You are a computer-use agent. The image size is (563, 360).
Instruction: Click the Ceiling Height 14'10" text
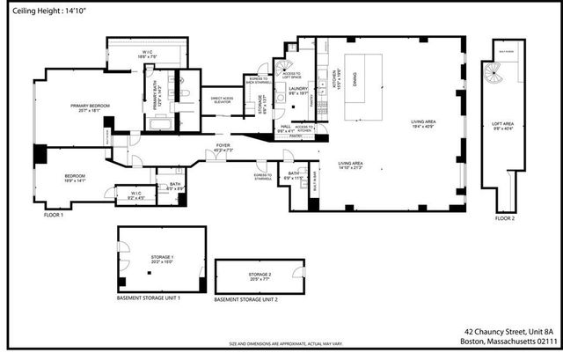coord(36,11)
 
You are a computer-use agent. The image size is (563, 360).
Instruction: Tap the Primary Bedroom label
coord(91,108)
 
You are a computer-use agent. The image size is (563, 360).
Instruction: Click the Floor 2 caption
coord(505,217)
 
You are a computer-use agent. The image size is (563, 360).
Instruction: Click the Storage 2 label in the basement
coord(260,277)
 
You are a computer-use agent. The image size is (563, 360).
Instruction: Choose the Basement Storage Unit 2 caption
coord(246,300)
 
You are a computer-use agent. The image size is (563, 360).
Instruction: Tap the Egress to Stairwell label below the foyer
coord(262,177)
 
